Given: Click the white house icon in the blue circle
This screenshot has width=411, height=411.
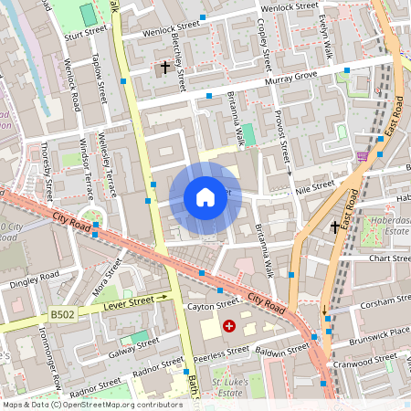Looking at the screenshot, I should point(205,197).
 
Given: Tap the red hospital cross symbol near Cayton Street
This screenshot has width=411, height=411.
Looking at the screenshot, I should point(228,325).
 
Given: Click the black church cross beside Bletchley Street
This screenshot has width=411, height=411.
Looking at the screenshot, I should point(165,68).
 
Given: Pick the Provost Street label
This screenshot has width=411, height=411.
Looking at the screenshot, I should point(281,137).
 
